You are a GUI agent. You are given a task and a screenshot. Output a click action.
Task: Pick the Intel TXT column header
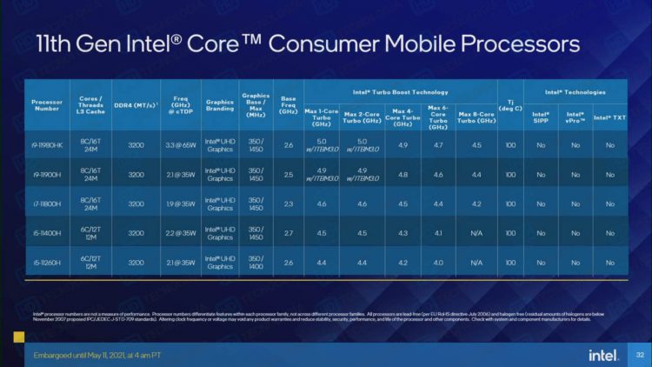pos(609,116)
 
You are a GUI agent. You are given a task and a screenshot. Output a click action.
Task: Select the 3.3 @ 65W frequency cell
pos(177,144)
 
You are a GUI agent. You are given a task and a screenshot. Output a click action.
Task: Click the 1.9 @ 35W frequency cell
pos(177,204)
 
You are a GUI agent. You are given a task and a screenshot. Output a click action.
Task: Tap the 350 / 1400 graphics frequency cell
pos(256,262)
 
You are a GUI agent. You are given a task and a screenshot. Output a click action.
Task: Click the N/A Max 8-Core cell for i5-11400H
pos(476,233)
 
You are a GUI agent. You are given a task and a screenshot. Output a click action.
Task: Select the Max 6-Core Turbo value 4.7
pos(438,144)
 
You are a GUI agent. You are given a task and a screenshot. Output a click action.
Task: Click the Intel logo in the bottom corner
pos(602,355)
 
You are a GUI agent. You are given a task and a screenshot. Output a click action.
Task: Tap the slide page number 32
pos(639,355)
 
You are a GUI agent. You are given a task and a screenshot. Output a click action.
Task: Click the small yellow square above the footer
pos(17,336)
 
